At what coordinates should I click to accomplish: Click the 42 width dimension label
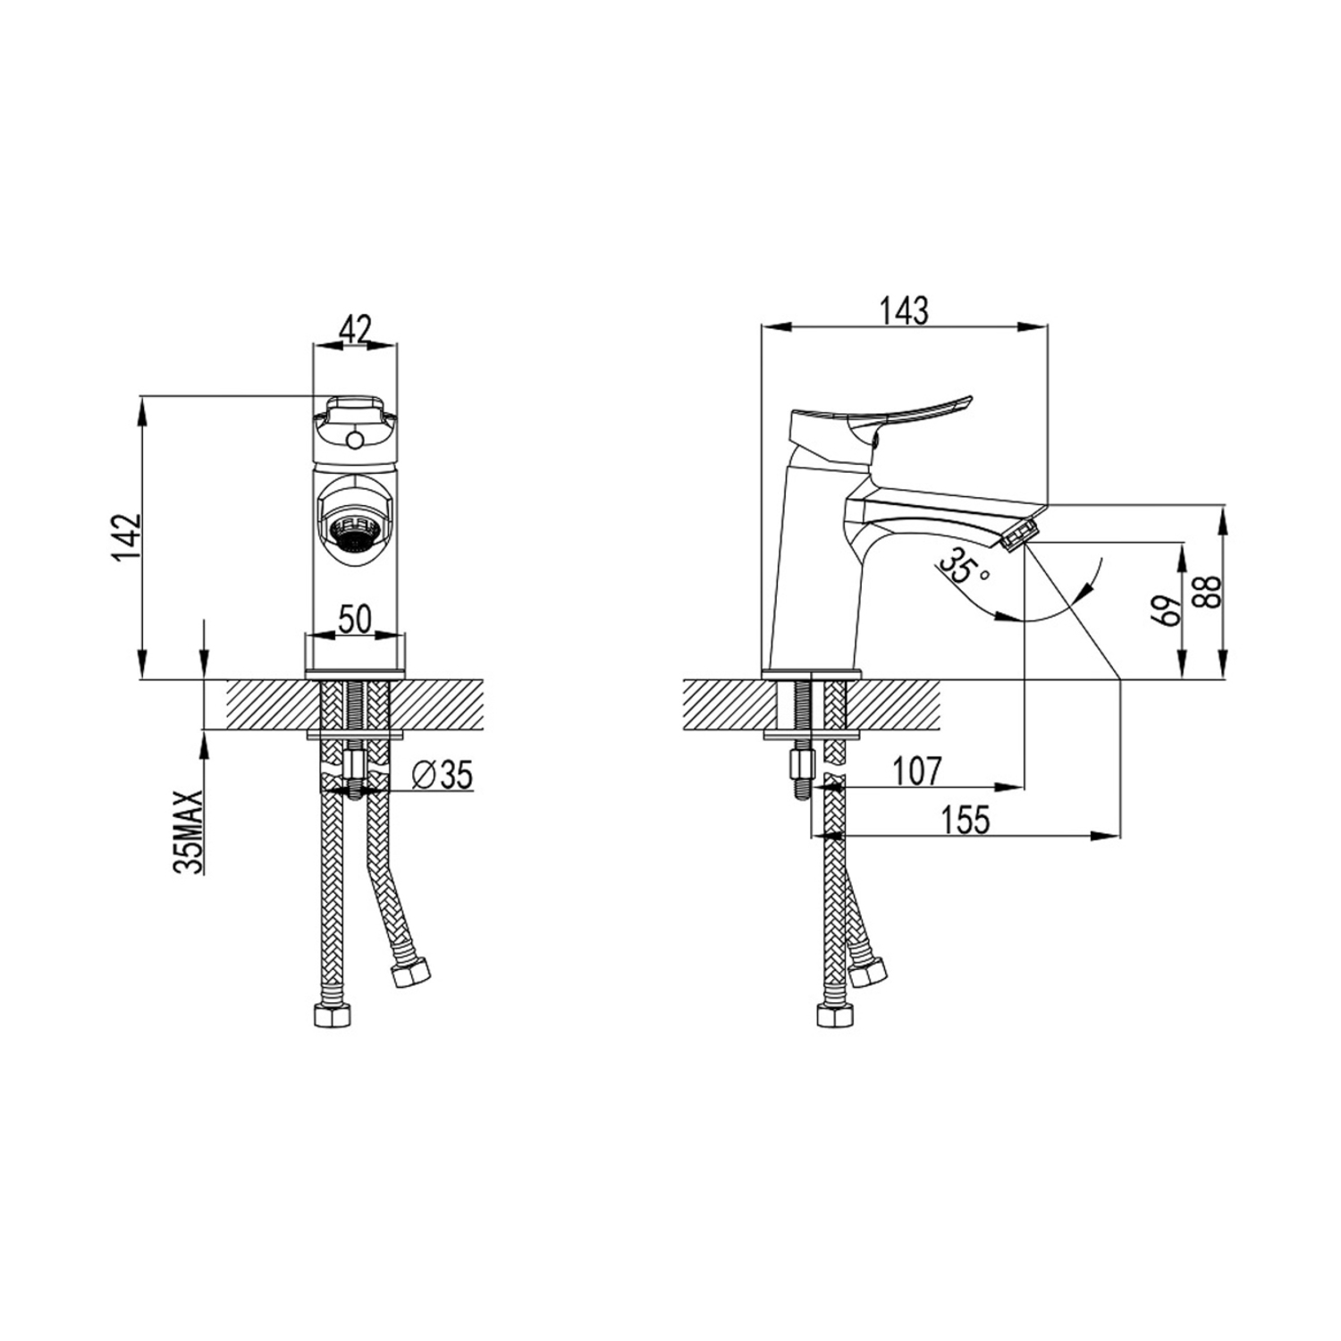coord(355,330)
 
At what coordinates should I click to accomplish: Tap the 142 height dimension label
coord(127,536)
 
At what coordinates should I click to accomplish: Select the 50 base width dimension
coord(355,619)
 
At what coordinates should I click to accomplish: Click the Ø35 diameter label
coord(444,775)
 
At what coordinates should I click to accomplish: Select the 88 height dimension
coord(1210,592)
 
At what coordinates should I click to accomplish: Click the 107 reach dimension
coord(915,771)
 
